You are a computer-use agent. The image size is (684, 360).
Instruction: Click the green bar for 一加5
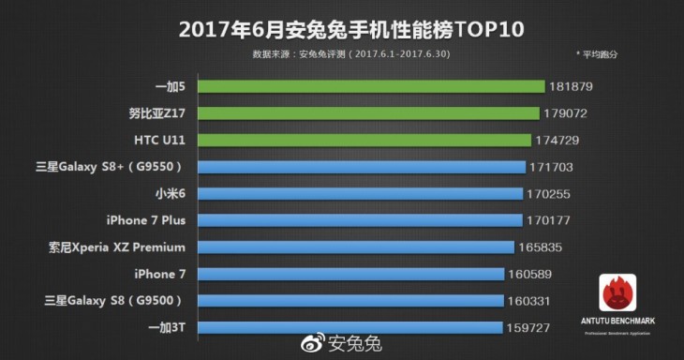coord(375,86)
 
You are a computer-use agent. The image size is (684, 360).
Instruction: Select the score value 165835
coord(543,248)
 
